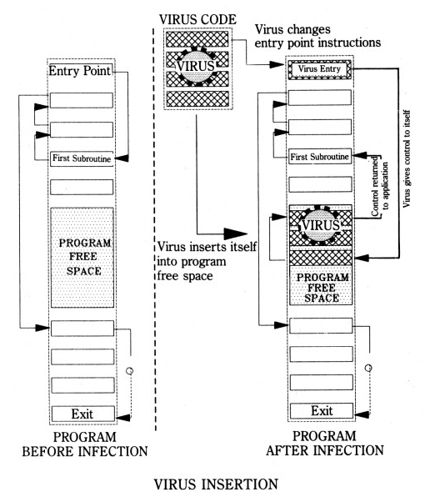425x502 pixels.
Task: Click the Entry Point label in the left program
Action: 79,71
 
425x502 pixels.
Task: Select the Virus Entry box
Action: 319,69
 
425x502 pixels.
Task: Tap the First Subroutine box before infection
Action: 82,158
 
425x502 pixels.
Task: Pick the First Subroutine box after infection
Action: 320,157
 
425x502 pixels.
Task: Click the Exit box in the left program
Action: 82,414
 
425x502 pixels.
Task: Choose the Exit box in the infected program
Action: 322,411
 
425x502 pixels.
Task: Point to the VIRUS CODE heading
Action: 197,19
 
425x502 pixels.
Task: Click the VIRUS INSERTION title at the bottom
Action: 216,484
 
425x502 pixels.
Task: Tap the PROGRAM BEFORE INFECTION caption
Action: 85,444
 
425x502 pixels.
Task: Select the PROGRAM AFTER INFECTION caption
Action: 324,443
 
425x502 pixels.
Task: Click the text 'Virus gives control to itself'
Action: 407,158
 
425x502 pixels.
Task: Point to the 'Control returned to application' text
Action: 379,186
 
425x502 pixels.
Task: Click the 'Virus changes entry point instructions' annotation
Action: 317,36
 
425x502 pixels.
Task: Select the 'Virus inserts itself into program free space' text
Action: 207,261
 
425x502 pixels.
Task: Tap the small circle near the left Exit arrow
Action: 130,371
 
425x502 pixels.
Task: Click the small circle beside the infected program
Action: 368,368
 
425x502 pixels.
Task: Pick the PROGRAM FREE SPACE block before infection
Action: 82,258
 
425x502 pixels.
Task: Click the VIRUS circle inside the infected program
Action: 320,225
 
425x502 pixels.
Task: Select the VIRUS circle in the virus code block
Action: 196,66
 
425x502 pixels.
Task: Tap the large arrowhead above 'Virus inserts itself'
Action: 236,234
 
